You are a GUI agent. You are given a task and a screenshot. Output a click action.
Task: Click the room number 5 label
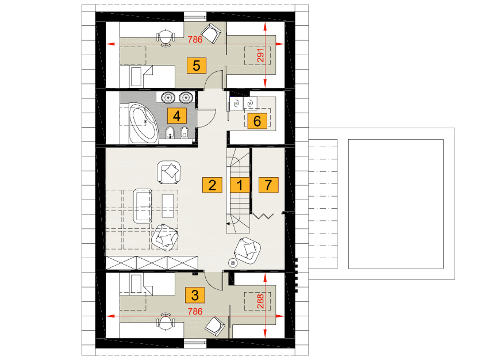click(197, 66)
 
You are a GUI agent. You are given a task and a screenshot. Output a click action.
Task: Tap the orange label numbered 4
click(177, 116)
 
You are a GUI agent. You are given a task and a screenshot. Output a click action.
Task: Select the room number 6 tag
click(257, 121)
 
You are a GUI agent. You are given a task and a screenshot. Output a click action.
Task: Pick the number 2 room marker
click(212, 185)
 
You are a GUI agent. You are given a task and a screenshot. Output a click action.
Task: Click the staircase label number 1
click(240, 185)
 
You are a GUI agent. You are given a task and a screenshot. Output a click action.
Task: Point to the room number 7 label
click(268, 185)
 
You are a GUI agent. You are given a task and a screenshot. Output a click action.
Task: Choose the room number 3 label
click(195, 295)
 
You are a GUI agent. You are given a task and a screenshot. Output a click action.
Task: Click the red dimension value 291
click(260, 55)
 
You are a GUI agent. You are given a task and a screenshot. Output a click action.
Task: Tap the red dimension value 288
click(260, 301)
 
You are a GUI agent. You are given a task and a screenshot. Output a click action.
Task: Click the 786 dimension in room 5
click(195, 40)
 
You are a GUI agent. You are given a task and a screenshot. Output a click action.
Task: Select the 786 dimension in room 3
click(195, 312)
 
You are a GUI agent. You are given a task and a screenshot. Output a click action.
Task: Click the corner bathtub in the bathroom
click(143, 123)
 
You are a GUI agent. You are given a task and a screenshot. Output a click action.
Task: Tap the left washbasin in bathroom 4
click(168, 97)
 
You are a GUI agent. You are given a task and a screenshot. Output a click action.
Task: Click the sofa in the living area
click(143, 206)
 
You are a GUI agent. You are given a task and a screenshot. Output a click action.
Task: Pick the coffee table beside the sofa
click(168, 206)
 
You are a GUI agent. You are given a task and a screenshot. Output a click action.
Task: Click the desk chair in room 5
click(166, 38)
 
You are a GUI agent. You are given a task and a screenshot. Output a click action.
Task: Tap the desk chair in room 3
click(166, 321)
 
